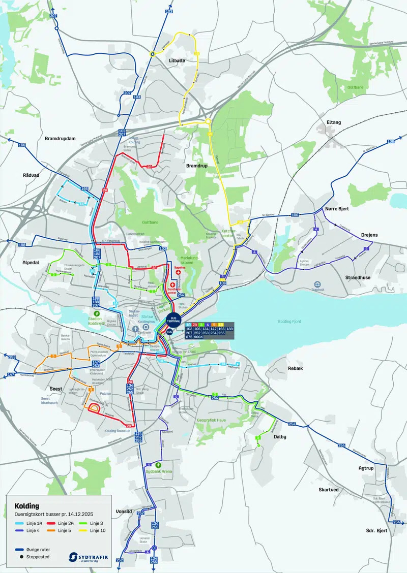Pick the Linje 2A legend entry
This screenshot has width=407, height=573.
click(61, 523)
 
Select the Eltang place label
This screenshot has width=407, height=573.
click(334, 122)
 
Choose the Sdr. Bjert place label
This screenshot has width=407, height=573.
click(377, 530)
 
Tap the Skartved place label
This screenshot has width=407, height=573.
click(329, 490)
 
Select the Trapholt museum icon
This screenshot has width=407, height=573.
click(317, 284)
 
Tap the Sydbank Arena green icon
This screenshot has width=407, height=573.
click(160, 464)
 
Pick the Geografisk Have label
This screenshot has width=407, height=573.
click(211, 420)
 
